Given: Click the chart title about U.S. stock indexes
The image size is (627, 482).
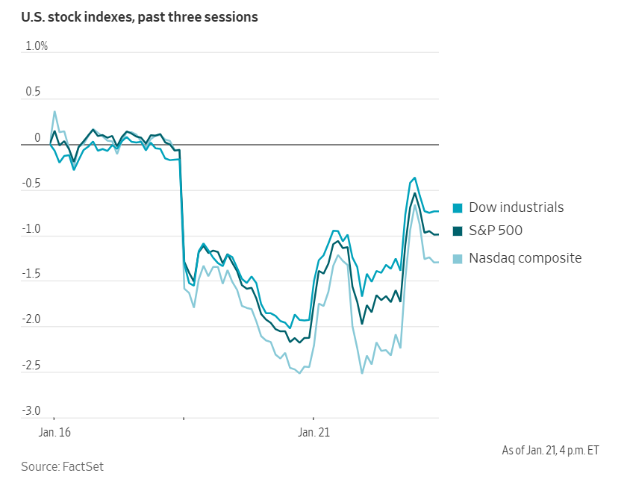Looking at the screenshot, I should [x=140, y=16].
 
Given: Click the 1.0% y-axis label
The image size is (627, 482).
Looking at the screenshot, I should [x=37, y=46].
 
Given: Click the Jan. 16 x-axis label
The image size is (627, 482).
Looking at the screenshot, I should [x=54, y=432].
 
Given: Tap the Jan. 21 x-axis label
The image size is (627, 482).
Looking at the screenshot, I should [x=313, y=432].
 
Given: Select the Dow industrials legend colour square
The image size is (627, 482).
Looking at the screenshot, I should [x=458, y=208].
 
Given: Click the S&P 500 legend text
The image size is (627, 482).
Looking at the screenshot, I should [x=496, y=231].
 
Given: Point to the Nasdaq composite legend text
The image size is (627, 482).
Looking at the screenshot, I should [x=525, y=258].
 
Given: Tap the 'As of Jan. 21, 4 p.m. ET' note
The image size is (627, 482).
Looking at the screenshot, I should [x=550, y=450].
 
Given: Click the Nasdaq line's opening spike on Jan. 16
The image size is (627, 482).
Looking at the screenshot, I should [x=54, y=112].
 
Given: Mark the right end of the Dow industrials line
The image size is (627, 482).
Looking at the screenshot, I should [x=438, y=211].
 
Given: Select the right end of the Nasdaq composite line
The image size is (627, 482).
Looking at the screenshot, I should [x=438, y=262].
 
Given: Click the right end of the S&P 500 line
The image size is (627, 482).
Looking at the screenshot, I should [x=438, y=234].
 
